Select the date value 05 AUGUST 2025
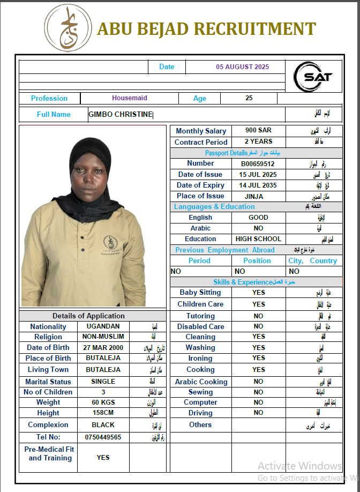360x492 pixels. (243, 67)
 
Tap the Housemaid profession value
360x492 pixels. (130, 98)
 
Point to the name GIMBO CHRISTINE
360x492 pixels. (121, 114)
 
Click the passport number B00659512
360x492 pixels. (258, 164)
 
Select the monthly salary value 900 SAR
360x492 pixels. (258, 131)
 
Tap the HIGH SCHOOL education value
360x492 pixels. (258, 239)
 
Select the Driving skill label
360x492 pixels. (200, 413)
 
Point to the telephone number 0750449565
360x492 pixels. (103, 437)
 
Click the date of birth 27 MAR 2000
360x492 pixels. (103, 347)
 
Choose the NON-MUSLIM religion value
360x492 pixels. (103, 337)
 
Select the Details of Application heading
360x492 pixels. (88, 316)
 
